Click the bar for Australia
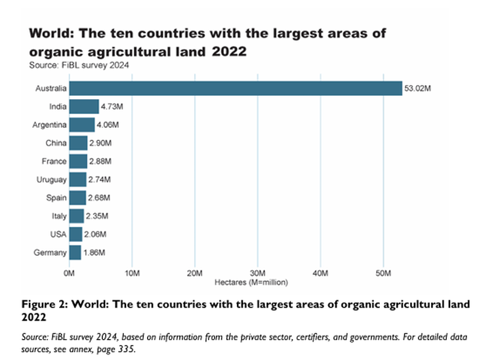235,88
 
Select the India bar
84,106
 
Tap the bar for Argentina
82,125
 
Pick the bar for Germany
75,252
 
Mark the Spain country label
55,198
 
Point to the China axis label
55,143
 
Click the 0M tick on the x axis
70,272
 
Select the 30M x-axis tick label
258,272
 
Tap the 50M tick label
383,272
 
